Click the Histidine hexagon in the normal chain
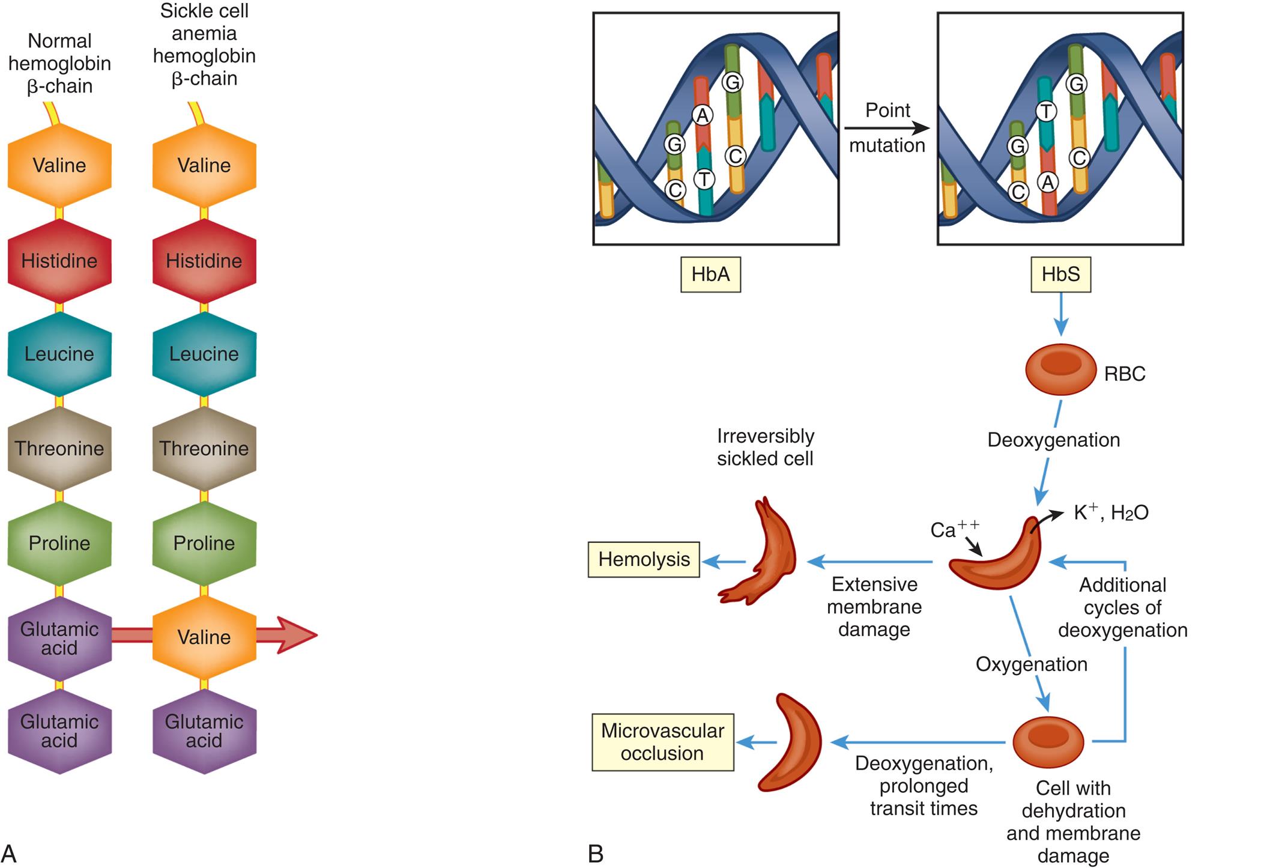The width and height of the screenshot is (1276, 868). pos(59,261)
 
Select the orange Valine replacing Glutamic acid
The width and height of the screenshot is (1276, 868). pos(204,637)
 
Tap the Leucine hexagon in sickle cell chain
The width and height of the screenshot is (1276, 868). pos(204,354)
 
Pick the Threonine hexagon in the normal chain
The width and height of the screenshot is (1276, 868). pos(59,449)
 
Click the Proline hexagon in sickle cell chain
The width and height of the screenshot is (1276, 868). pos(204,543)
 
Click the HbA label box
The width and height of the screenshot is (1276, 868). pos(710,275)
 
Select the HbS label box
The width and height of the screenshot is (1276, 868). pos(1060,275)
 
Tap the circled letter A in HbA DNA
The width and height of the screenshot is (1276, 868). pos(702,115)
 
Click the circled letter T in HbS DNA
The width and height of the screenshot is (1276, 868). pos(1046,111)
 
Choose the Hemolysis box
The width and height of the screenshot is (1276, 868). pos(644,560)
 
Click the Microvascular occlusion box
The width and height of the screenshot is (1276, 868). pos(662,742)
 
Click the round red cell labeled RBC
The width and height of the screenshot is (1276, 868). pos(1060,369)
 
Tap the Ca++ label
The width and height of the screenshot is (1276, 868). pos(954,529)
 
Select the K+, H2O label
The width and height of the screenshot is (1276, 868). pos(1111,512)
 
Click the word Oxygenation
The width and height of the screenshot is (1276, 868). pos(1032,664)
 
